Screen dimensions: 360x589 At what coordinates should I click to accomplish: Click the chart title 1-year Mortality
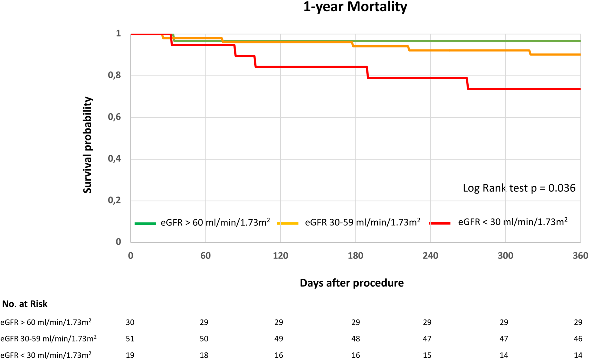[x=355, y=7]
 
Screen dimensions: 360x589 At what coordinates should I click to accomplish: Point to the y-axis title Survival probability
[x=87, y=145]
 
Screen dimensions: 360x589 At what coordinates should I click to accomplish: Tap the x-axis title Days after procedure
[x=351, y=283]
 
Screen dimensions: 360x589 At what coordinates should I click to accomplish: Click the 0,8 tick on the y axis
[x=114, y=75]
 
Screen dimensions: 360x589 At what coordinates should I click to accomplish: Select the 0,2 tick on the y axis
[x=114, y=200]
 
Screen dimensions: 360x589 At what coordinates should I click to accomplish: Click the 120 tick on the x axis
[x=280, y=256]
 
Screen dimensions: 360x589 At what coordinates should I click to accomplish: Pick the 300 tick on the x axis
[x=505, y=256]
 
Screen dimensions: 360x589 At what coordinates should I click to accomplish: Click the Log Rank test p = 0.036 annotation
[x=519, y=188]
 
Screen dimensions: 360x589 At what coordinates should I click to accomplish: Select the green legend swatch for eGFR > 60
[x=145, y=223]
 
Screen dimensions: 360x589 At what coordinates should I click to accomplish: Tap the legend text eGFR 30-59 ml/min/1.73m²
[x=362, y=222]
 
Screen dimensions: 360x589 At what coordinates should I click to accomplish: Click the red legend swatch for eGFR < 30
[x=440, y=223]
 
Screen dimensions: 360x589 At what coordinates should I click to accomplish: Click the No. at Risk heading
[x=25, y=304]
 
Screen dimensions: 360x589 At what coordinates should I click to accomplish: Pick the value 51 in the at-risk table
[x=130, y=339]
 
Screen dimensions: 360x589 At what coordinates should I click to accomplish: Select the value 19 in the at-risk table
[x=130, y=355]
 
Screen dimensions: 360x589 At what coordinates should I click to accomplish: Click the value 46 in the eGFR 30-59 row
[x=578, y=339]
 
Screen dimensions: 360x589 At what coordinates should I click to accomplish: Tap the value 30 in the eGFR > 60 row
[x=130, y=322]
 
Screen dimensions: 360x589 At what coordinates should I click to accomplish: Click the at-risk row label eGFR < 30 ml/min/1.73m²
[x=46, y=355]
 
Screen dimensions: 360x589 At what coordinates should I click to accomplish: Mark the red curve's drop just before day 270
[x=467, y=83]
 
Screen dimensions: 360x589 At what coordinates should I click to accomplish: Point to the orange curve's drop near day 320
[x=530, y=52]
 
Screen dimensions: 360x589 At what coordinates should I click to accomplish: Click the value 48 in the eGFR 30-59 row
[x=356, y=339]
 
